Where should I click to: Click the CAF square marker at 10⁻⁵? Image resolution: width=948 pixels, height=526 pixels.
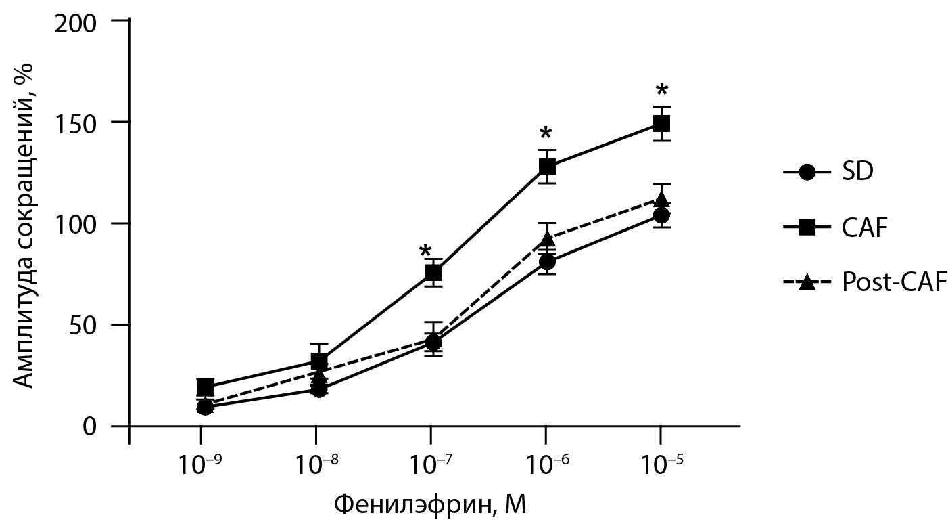point(661,124)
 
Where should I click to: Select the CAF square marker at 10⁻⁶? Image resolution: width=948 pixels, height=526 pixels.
point(547,166)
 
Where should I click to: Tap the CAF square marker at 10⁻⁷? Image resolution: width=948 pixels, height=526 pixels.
point(433,272)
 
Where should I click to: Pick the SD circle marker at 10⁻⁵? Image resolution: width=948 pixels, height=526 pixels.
point(661,215)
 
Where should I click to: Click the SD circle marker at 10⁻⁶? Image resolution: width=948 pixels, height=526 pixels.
point(547,262)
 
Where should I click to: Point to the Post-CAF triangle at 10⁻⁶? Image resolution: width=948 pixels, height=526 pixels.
point(547,239)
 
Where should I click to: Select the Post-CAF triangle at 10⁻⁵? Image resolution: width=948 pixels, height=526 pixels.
point(661,199)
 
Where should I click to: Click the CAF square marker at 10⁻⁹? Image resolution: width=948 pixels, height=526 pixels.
point(205,387)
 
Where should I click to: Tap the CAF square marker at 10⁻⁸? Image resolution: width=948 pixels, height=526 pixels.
point(319,361)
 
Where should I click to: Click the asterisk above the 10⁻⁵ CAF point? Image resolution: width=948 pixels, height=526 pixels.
point(662,91)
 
